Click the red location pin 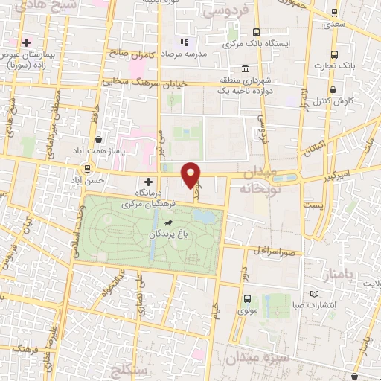pyautogui.click(x=191, y=175)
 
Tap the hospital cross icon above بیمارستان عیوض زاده pyautogui.click(x=27, y=42)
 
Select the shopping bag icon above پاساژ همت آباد pyautogui.click(x=99, y=139)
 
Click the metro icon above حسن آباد pyautogui.click(x=88, y=168)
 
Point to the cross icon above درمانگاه pyautogui.click(x=148, y=181)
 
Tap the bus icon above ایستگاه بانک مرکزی pyautogui.click(x=256, y=33)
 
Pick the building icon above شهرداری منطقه pyautogui.click(x=245, y=68)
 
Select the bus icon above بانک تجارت pyautogui.click(x=333, y=54)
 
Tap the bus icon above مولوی pyautogui.click(x=248, y=298)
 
